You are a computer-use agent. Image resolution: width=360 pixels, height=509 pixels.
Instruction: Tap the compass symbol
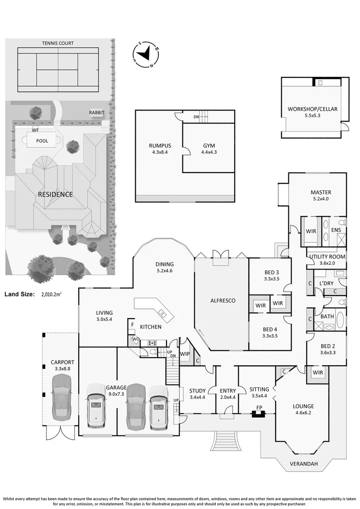[x=147, y=53]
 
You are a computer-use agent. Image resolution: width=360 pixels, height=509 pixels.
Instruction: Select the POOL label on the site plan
[x=41, y=140]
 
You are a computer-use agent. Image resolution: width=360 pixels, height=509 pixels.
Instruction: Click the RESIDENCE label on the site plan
[x=55, y=194]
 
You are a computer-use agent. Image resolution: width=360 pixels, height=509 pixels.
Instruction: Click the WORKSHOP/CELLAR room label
[x=312, y=109]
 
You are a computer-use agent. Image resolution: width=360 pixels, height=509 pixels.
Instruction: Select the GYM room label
[x=209, y=146]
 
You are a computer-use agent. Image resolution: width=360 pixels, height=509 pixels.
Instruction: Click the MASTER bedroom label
[x=320, y=192]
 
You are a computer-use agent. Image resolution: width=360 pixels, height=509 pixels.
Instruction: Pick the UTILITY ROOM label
[x=327, y=256]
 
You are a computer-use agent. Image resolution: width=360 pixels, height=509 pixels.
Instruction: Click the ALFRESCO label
[x=222, y=300]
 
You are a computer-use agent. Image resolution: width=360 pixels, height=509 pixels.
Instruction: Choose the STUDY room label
[x=197, y=390]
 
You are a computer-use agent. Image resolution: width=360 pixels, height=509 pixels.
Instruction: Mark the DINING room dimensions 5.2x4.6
[x=165, y=271]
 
